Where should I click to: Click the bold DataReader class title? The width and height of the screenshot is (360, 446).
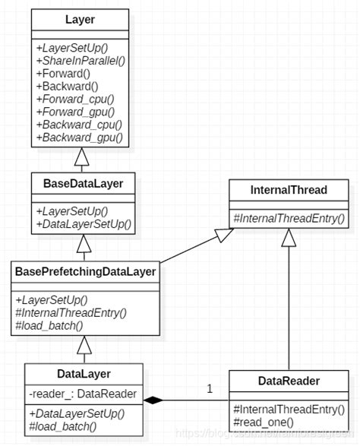(x=289, y=381)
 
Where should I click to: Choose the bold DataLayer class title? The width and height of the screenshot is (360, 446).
(x=84, y=373)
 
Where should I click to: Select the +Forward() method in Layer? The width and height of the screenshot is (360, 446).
(x=64, y=74)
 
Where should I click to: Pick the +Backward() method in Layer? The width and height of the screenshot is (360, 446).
(x=67, y=87)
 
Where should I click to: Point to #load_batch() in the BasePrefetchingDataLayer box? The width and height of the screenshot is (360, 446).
(x=49, y=324)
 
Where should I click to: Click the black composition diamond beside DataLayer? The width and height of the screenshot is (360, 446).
(x=154, y=400)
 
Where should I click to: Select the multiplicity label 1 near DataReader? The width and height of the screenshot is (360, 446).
(x=210, y=389)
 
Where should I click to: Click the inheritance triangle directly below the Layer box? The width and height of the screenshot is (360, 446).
(x=84, y=158)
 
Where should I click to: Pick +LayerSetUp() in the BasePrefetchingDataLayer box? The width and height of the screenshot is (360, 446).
(x=52, y=299)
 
